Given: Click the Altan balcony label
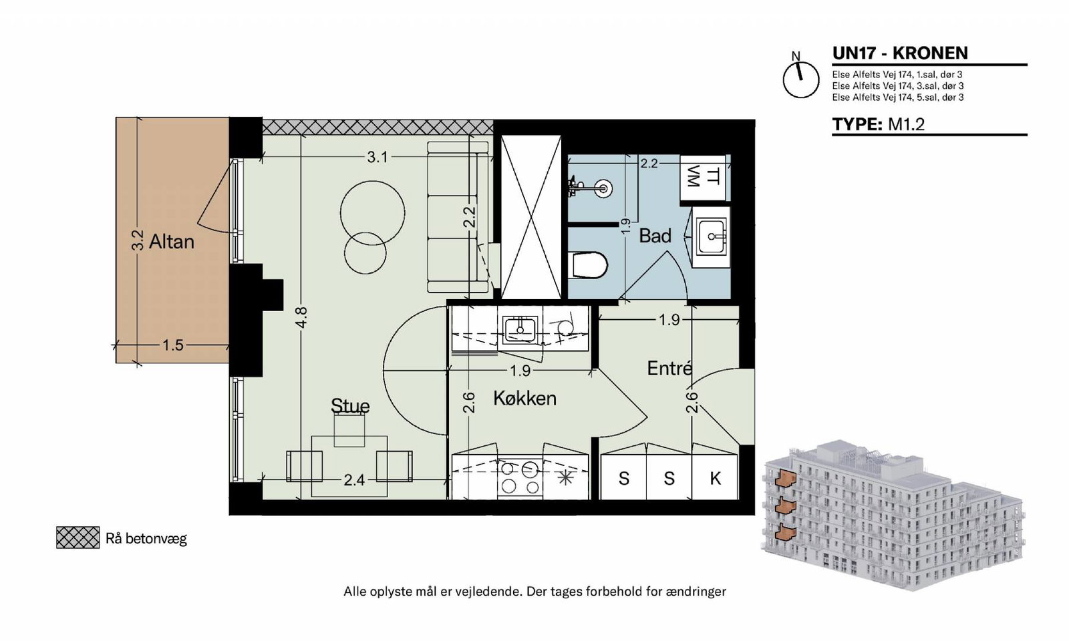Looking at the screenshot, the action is coord(171,242).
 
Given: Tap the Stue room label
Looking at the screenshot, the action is coord(350,405).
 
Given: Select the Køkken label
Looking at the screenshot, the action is coord(524,398).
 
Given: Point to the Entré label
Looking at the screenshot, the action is coord(669,368).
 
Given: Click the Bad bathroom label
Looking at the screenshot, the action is coord(655,236).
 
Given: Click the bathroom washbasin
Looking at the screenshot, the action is coord(712,236).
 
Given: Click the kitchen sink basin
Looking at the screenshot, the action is coord(520,329).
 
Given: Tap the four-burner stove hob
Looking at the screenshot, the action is coord(520,478).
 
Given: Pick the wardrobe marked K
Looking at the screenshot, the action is coord(714,477).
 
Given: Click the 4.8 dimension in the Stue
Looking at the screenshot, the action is coord(301,318).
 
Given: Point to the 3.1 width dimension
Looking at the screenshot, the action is coord(377,157).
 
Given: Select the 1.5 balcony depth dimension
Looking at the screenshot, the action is coord(172,345).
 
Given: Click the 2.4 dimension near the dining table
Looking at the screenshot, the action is coord(354,480).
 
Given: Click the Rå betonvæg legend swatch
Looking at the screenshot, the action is coord(78,538).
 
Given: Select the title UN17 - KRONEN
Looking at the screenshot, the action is coord(900,53).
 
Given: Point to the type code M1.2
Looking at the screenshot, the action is coord(906,124).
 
